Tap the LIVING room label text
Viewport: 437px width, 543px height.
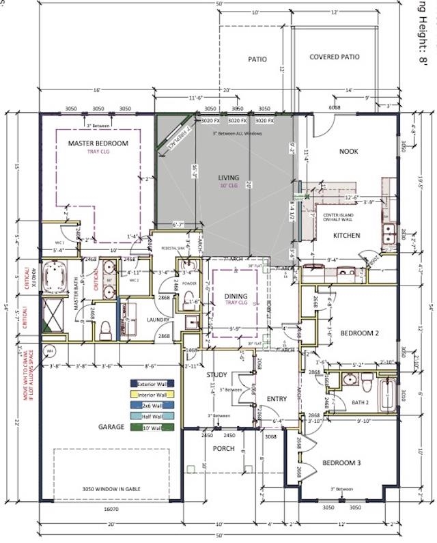coord(229,178)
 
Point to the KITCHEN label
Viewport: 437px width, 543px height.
coord(346,236)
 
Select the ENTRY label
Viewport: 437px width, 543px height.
coord(277,399)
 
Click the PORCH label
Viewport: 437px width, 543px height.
coord(224,449)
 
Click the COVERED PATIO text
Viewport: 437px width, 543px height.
coord(335,57)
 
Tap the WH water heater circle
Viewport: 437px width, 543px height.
coord(49,351)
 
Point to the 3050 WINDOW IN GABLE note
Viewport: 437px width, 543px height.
coord(111,490)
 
